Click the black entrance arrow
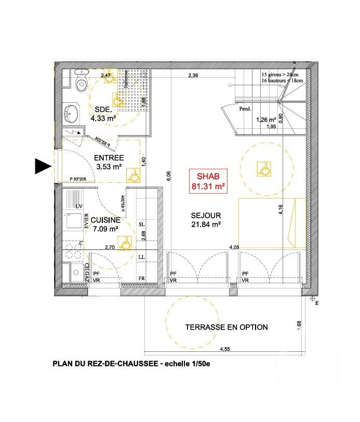pos(42,166)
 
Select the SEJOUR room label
pos(206,215)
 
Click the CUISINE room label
pos(105,220)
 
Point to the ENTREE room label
pos(108,158)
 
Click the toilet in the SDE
pos(81,82)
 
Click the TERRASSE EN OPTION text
pos(226,327)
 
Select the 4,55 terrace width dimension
pos(225,349)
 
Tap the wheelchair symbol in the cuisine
pos(125,242)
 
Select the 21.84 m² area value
pos(206,225)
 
